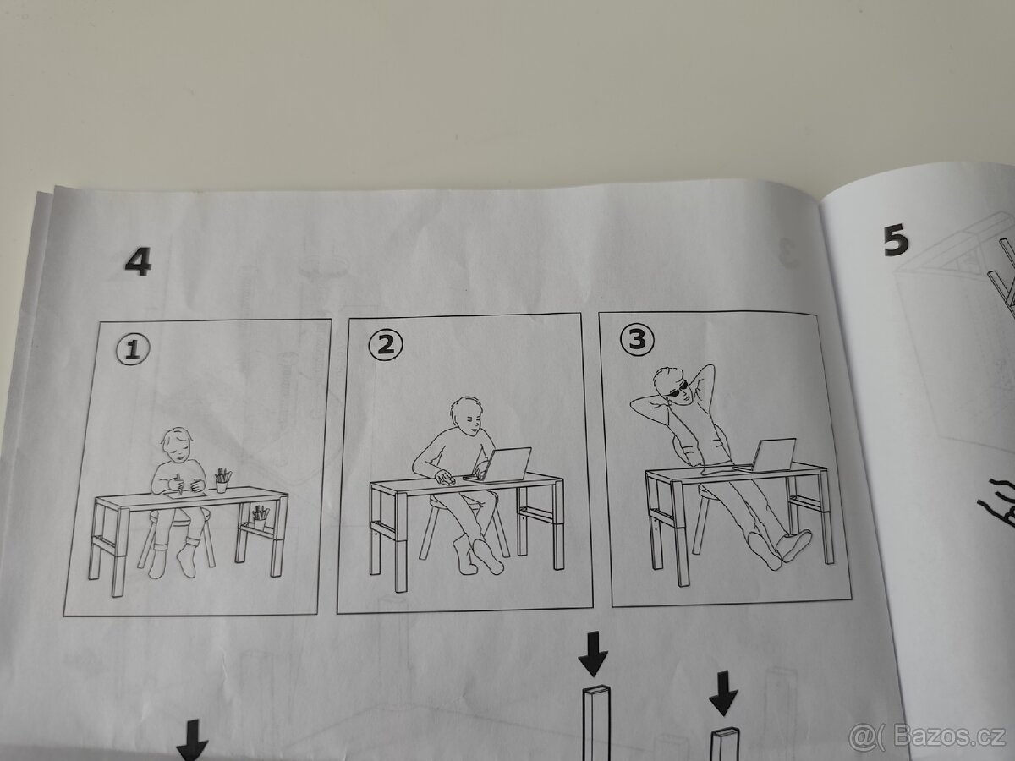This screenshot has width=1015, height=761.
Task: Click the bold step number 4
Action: coord(138,261)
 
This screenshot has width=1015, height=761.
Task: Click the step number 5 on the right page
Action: coord(896,241)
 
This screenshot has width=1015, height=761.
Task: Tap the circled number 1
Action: coord(132,349)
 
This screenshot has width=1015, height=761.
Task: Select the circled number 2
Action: coord(386,344)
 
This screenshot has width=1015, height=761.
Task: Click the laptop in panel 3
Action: coord(772,454)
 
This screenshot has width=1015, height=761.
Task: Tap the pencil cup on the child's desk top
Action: coord(222,481)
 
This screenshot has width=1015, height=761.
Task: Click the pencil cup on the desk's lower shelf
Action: coord(260,516)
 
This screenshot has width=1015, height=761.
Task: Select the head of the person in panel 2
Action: coord(468,417)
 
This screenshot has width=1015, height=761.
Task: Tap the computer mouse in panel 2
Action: coord(445,479)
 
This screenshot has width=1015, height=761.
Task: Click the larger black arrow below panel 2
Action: coord(594,652)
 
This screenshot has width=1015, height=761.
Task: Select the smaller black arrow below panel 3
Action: coord(723,692)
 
